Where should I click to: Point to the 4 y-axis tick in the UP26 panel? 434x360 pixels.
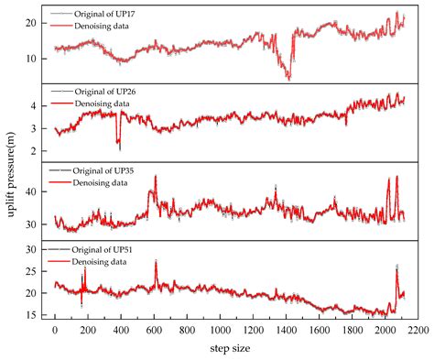click(37, 106)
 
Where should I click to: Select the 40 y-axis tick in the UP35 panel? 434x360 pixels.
click(33, 191)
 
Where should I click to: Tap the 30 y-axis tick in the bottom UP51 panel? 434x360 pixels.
click(33, 249)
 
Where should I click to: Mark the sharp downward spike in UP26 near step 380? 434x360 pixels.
click(119, 147)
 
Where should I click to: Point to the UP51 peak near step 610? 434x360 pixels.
click(156, 262)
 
